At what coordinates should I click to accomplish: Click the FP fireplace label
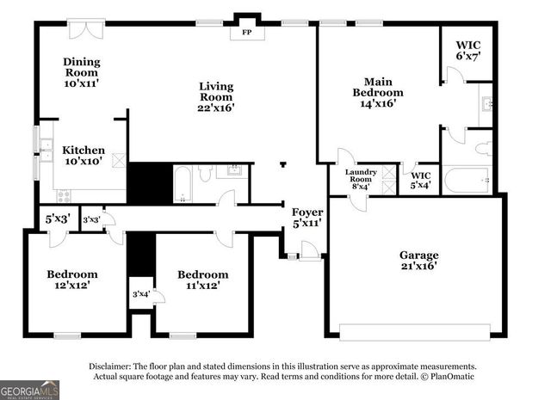(x=247, y=33)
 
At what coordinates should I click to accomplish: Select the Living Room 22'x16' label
(x=216, y=96)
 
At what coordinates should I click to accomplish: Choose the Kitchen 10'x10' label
(x=84, y=156)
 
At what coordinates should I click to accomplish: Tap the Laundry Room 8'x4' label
(x=361, y=178)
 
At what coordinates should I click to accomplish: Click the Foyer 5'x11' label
(x=306, y=217)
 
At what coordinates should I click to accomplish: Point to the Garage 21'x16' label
(x=418, y=261)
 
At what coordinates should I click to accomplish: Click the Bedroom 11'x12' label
(x=202, y=280)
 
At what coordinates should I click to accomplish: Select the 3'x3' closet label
(x=91, y=219)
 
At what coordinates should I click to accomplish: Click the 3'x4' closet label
(x=139, y=294)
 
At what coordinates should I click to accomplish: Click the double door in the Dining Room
(x=86, y=28)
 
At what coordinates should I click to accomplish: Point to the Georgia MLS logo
(x=30, y=389)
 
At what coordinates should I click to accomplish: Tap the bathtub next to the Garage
(x=466, y=180)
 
